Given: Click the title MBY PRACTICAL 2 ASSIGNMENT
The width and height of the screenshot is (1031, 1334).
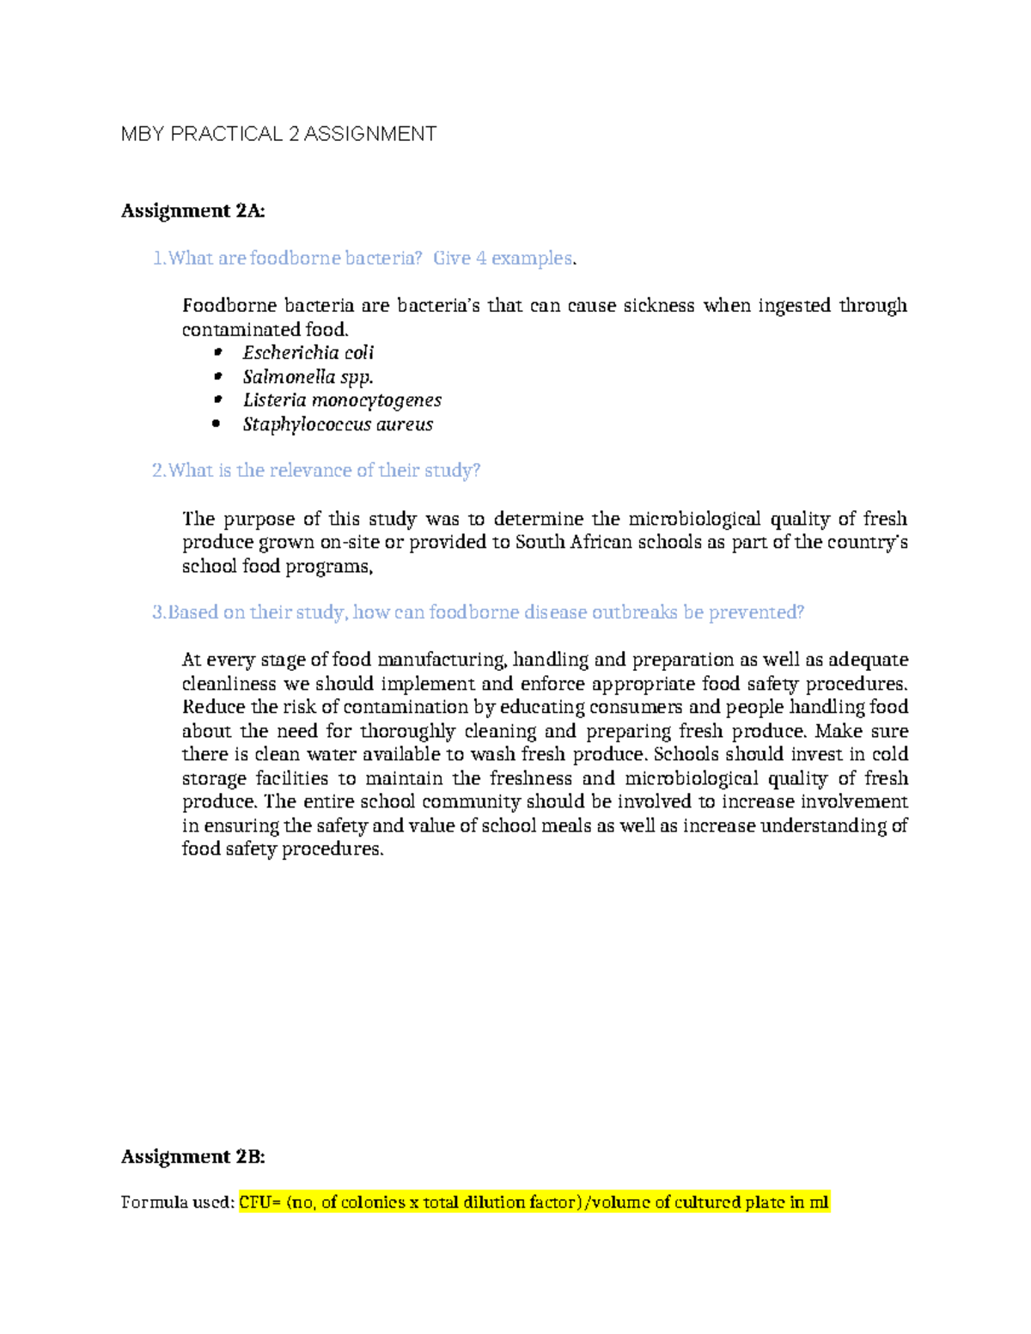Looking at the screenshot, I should (x=278, y=134).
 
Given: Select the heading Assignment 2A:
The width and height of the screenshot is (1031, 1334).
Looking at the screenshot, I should (x=192, y=210).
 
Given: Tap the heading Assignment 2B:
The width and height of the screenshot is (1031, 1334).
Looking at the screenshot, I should (x=192, y=1157).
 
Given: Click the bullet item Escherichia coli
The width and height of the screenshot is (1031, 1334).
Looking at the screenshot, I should (x=308, y=353).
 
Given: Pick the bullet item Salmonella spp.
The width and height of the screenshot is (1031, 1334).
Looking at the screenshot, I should (x=308, y=377).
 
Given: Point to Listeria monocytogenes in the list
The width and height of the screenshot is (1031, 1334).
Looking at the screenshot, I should (x=342, y=400).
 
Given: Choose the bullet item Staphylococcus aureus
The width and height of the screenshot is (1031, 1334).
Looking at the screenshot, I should (x=338, y=424).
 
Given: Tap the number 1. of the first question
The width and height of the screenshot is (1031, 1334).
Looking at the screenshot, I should (x=159, y=259).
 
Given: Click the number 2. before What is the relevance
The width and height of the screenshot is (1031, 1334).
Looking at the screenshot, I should (x=159, y=471).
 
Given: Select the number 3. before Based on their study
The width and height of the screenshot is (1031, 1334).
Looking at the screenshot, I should (x=159, y=612).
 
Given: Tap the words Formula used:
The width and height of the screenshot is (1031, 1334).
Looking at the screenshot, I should (x=177, y=1203).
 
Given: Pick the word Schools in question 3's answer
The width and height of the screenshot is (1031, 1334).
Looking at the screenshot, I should (x=686, y=754).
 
